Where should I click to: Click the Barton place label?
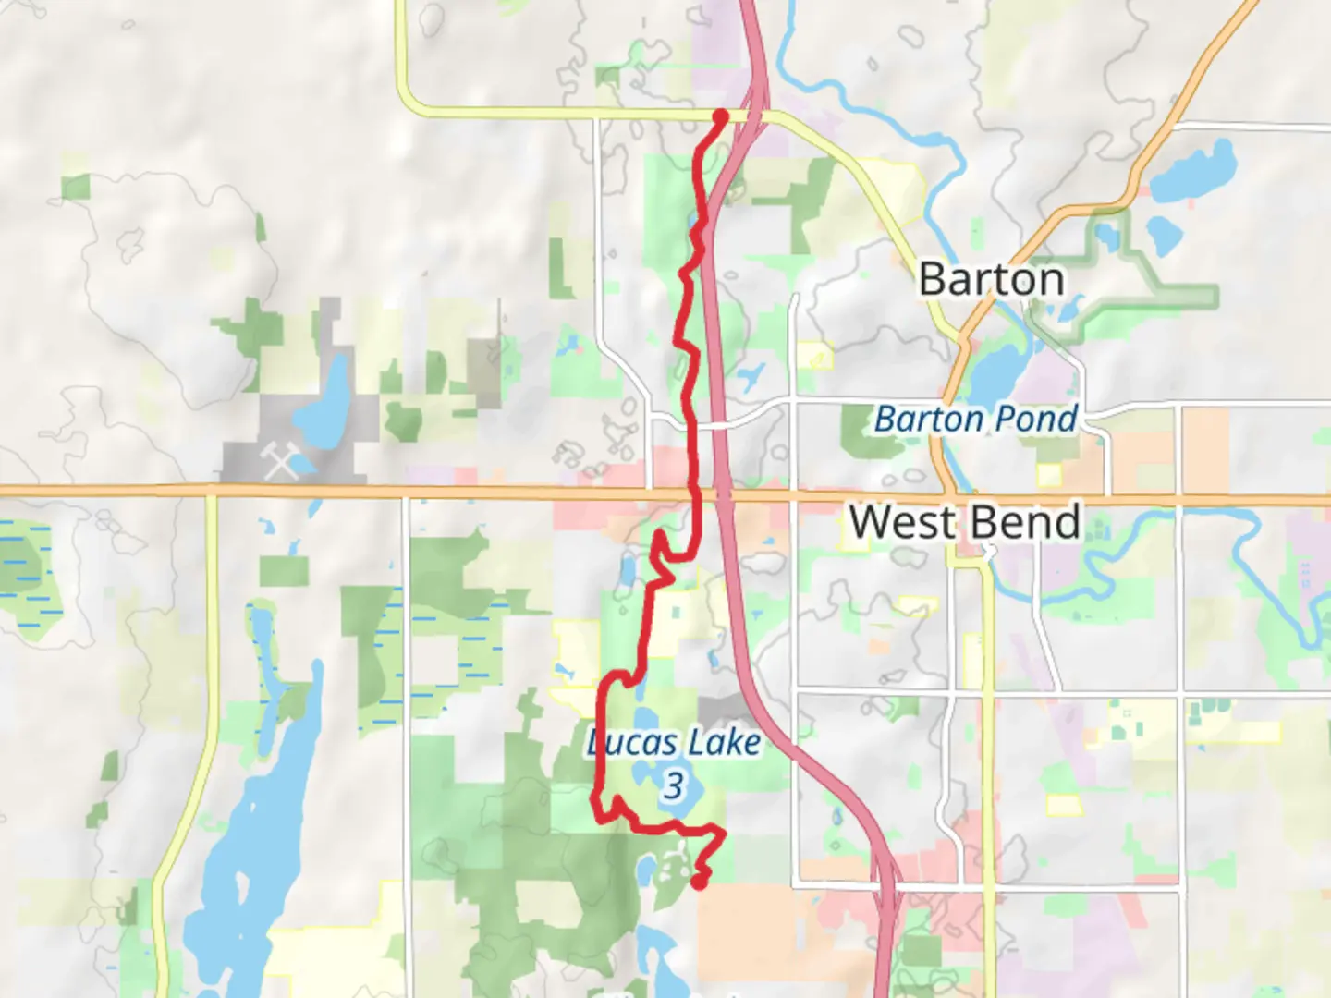coord(991,279)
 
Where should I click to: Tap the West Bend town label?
coord(965,522)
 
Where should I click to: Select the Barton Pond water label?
coord(976,419)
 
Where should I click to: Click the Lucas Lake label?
coord(675,742)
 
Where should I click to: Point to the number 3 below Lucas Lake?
coord(674,786)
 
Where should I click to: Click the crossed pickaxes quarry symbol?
coord(280,460)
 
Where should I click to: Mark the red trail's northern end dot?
coord(720,116)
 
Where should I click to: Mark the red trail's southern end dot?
coord(700,882)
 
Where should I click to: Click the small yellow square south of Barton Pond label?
coord(1048,475)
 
